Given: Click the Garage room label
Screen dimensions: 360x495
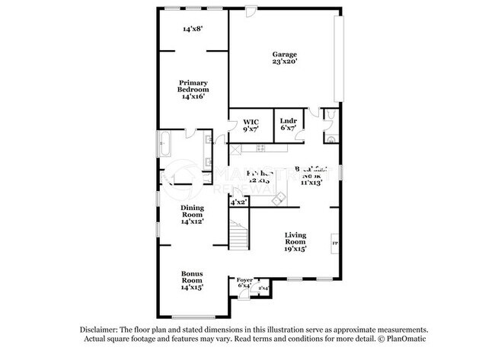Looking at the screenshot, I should [x=285, y=54].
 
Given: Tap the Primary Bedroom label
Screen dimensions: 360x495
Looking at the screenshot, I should [x=193, y=86].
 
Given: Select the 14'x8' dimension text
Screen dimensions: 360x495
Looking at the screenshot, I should [x=192, y=30].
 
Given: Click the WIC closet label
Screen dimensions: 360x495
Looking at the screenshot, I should [x=251, y=122].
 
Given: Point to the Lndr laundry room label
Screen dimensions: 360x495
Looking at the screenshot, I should [x=288, y=122].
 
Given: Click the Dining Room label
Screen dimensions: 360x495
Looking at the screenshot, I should [x=193, y=211].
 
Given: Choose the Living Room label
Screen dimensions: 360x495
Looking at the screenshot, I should [x=295, y=238].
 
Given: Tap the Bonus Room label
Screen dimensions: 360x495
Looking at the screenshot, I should [x=192, y=276].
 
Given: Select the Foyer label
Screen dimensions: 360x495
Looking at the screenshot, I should [x=244, y=280].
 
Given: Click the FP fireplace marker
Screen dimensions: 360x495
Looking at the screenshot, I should [x=334, y=244].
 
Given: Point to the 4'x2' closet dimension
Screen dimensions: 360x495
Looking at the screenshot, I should [x=238, y=202].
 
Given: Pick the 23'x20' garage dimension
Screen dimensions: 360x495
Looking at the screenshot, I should [x=285, y=62].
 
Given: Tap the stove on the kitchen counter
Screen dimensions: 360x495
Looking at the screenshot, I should [x=260, y=148].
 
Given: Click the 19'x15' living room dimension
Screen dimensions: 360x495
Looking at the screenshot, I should [x=295, y=248].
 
